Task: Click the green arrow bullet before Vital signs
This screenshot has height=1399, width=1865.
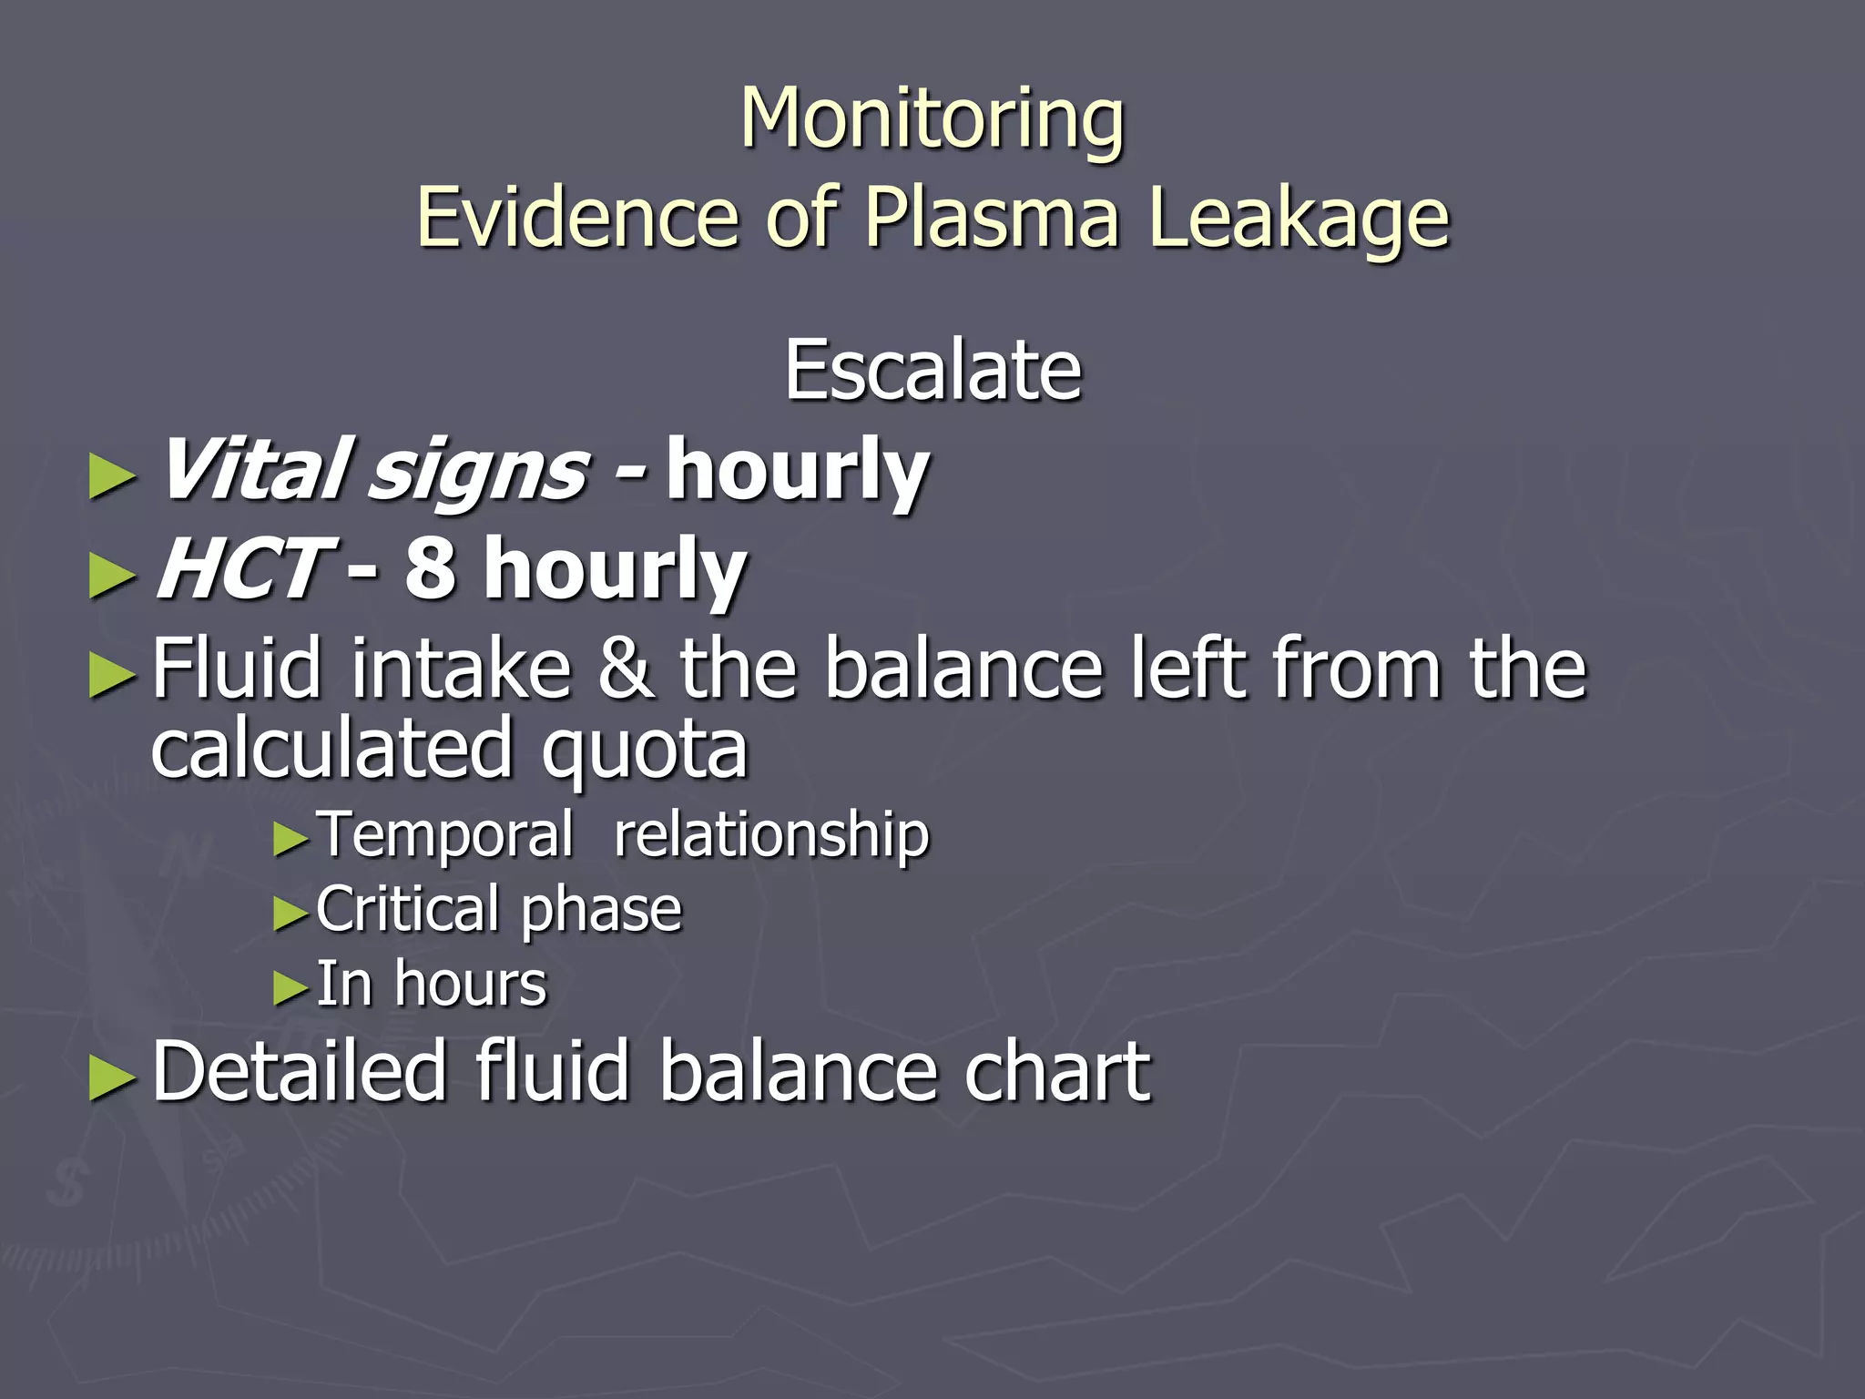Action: coord(112,477)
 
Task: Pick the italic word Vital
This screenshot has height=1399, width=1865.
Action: coord(253,470)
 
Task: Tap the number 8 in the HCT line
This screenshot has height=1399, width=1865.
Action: coord(430,569)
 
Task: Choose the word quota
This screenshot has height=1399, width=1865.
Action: coord(645,751)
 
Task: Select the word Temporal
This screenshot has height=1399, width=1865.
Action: coord(445,834)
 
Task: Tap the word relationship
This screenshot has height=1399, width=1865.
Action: coord(771,834)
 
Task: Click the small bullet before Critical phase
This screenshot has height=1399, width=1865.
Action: coord(291,914)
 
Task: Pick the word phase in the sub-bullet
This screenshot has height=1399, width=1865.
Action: coord(601,911)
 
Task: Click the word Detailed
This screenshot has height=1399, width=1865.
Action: coord(300,1072)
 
